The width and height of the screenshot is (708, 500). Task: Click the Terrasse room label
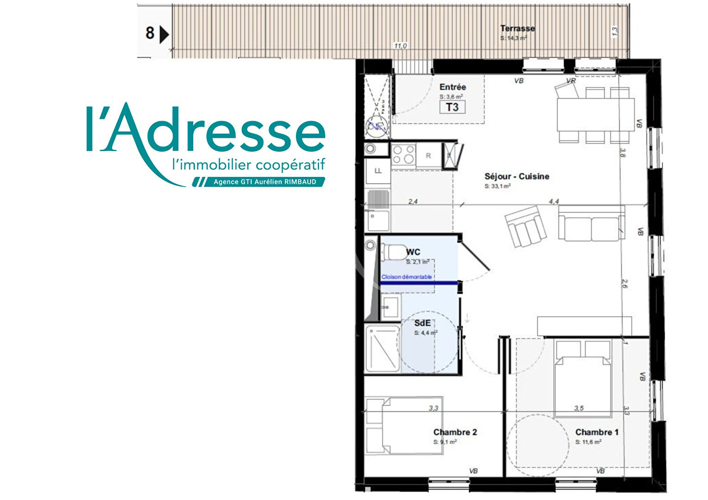tap(517, 28)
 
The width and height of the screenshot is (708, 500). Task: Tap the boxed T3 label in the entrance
tap(452, 107)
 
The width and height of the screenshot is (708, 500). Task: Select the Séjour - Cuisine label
tap(517, 176)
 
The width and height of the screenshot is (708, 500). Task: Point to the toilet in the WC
tap(393, 253)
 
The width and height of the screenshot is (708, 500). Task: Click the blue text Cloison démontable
tap(406, 277)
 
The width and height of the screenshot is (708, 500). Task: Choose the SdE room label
tap(422, 323)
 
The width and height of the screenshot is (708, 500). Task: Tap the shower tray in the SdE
tap(383, 349)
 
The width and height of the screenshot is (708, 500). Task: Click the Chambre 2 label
tap(455, 432)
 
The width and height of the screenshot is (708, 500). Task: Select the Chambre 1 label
tap(597, 432)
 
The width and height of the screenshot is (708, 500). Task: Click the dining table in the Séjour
tap(595, 114)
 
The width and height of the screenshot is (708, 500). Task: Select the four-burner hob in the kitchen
tap(403, 155)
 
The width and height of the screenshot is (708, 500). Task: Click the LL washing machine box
tap(378, 171)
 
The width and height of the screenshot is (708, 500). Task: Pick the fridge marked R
tap(428, 156)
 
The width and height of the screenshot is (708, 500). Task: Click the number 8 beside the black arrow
tap(150, 33)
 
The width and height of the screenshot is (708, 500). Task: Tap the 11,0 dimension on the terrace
tap(400, 46)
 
